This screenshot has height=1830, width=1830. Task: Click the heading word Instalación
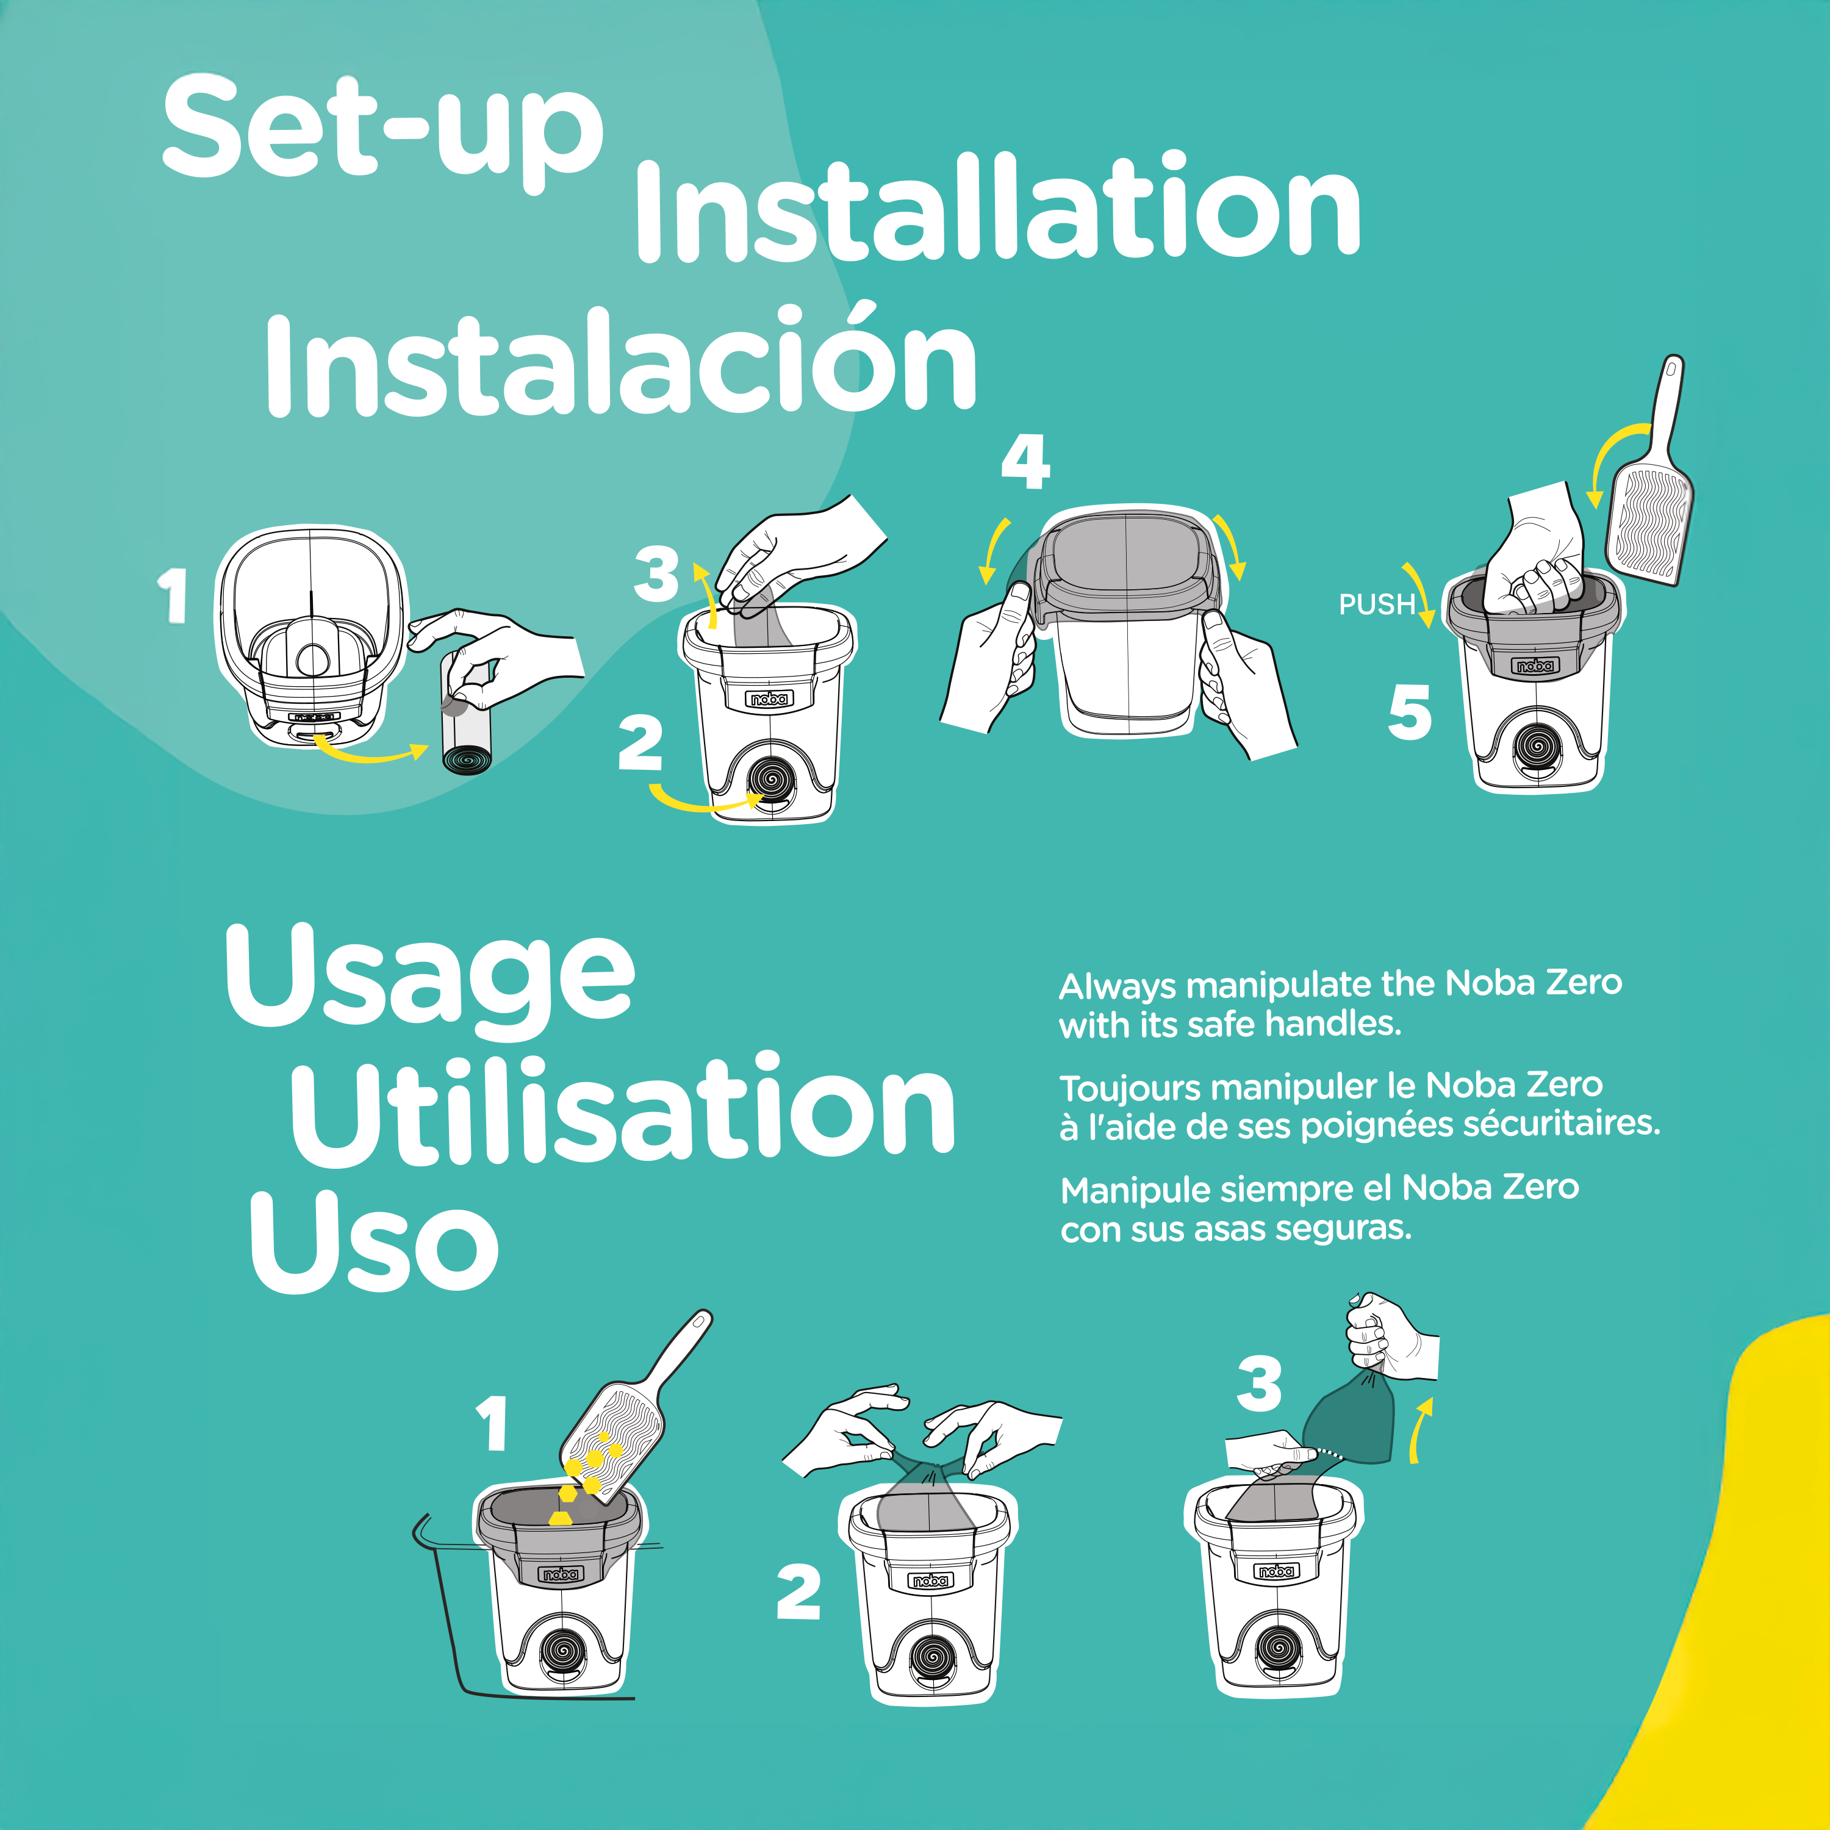point(620,365)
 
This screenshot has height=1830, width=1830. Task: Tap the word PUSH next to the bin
point(1376,605)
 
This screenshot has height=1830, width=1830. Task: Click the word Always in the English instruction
point(1117,987)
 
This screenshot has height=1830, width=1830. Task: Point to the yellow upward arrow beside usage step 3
point(1419,1430)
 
